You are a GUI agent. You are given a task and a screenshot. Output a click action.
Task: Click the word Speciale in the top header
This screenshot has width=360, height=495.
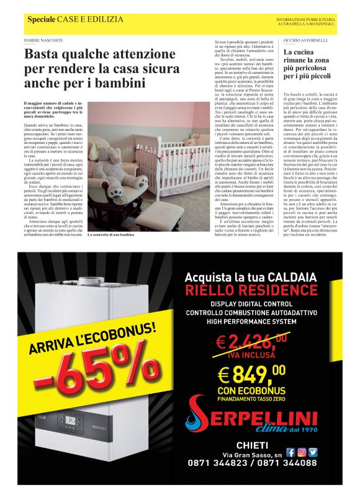(41, 20)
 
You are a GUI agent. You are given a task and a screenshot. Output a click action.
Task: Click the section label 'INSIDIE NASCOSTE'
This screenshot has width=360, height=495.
(43, 40)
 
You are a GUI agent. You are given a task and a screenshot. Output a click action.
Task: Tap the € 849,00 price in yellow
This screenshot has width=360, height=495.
(251, 374)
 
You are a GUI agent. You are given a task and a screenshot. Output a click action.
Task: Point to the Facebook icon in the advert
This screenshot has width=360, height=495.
(290, 453)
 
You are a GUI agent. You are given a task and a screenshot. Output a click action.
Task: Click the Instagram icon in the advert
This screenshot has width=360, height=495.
(302, 453)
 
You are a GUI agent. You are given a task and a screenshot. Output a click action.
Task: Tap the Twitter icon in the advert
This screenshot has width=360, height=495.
(313, 453)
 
